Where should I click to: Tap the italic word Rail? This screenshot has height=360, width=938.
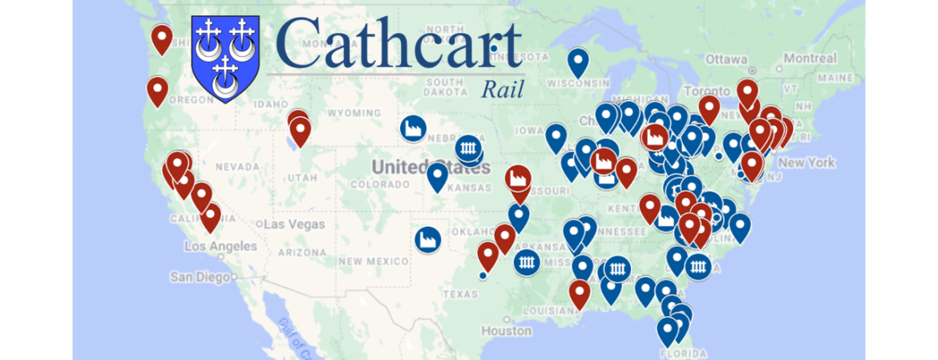[502, 89]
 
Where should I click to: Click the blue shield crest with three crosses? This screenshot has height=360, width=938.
[225, 58]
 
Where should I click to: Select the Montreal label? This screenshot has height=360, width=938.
[809, 59]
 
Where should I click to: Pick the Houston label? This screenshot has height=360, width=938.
[507, 330]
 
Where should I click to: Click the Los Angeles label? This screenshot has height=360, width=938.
[220, 247]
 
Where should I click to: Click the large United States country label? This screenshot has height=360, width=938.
[418, 167]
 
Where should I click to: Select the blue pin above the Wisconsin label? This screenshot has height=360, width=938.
[577, 61]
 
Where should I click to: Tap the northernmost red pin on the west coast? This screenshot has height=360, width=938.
[163, 38]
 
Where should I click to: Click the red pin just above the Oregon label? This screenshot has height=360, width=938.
[157, 90]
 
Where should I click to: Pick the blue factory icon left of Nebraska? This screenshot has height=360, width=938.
[414, 128]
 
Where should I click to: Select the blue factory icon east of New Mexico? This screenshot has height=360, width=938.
[428, 239]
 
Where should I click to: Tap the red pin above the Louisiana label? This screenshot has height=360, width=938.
[579, 293]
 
